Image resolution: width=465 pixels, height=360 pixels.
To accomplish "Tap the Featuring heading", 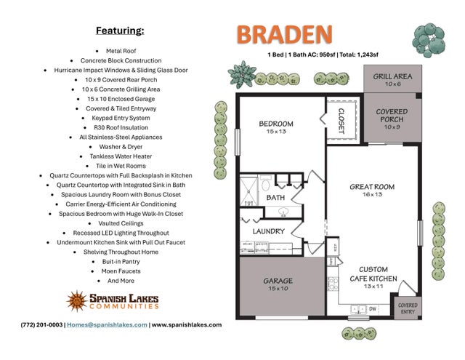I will click(x=120, y=31).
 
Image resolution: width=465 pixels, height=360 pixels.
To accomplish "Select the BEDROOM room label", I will click(x=276, y=124).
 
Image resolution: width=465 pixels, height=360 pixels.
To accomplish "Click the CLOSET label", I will click(x=341, y=116).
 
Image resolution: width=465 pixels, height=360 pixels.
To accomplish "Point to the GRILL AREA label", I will click(x=392, y=76).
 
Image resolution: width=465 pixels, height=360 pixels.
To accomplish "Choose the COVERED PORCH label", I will click(x=392, y=116).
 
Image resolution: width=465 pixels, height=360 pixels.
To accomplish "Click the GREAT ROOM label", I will click(x=372, y=187).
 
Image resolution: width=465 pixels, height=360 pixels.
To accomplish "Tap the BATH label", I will click(x=275, y=197).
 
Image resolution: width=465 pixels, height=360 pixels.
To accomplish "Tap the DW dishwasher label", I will click(x=372, y=308).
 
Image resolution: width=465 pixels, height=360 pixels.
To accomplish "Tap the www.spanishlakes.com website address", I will click(x=187, y=325).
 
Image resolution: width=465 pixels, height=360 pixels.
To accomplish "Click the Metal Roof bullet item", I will click(x=120, y=51).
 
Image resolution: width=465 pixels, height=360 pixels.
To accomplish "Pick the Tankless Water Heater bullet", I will click(x=120, y=156).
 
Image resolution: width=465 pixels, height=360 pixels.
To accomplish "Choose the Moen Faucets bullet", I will click(x=120, y=271).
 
